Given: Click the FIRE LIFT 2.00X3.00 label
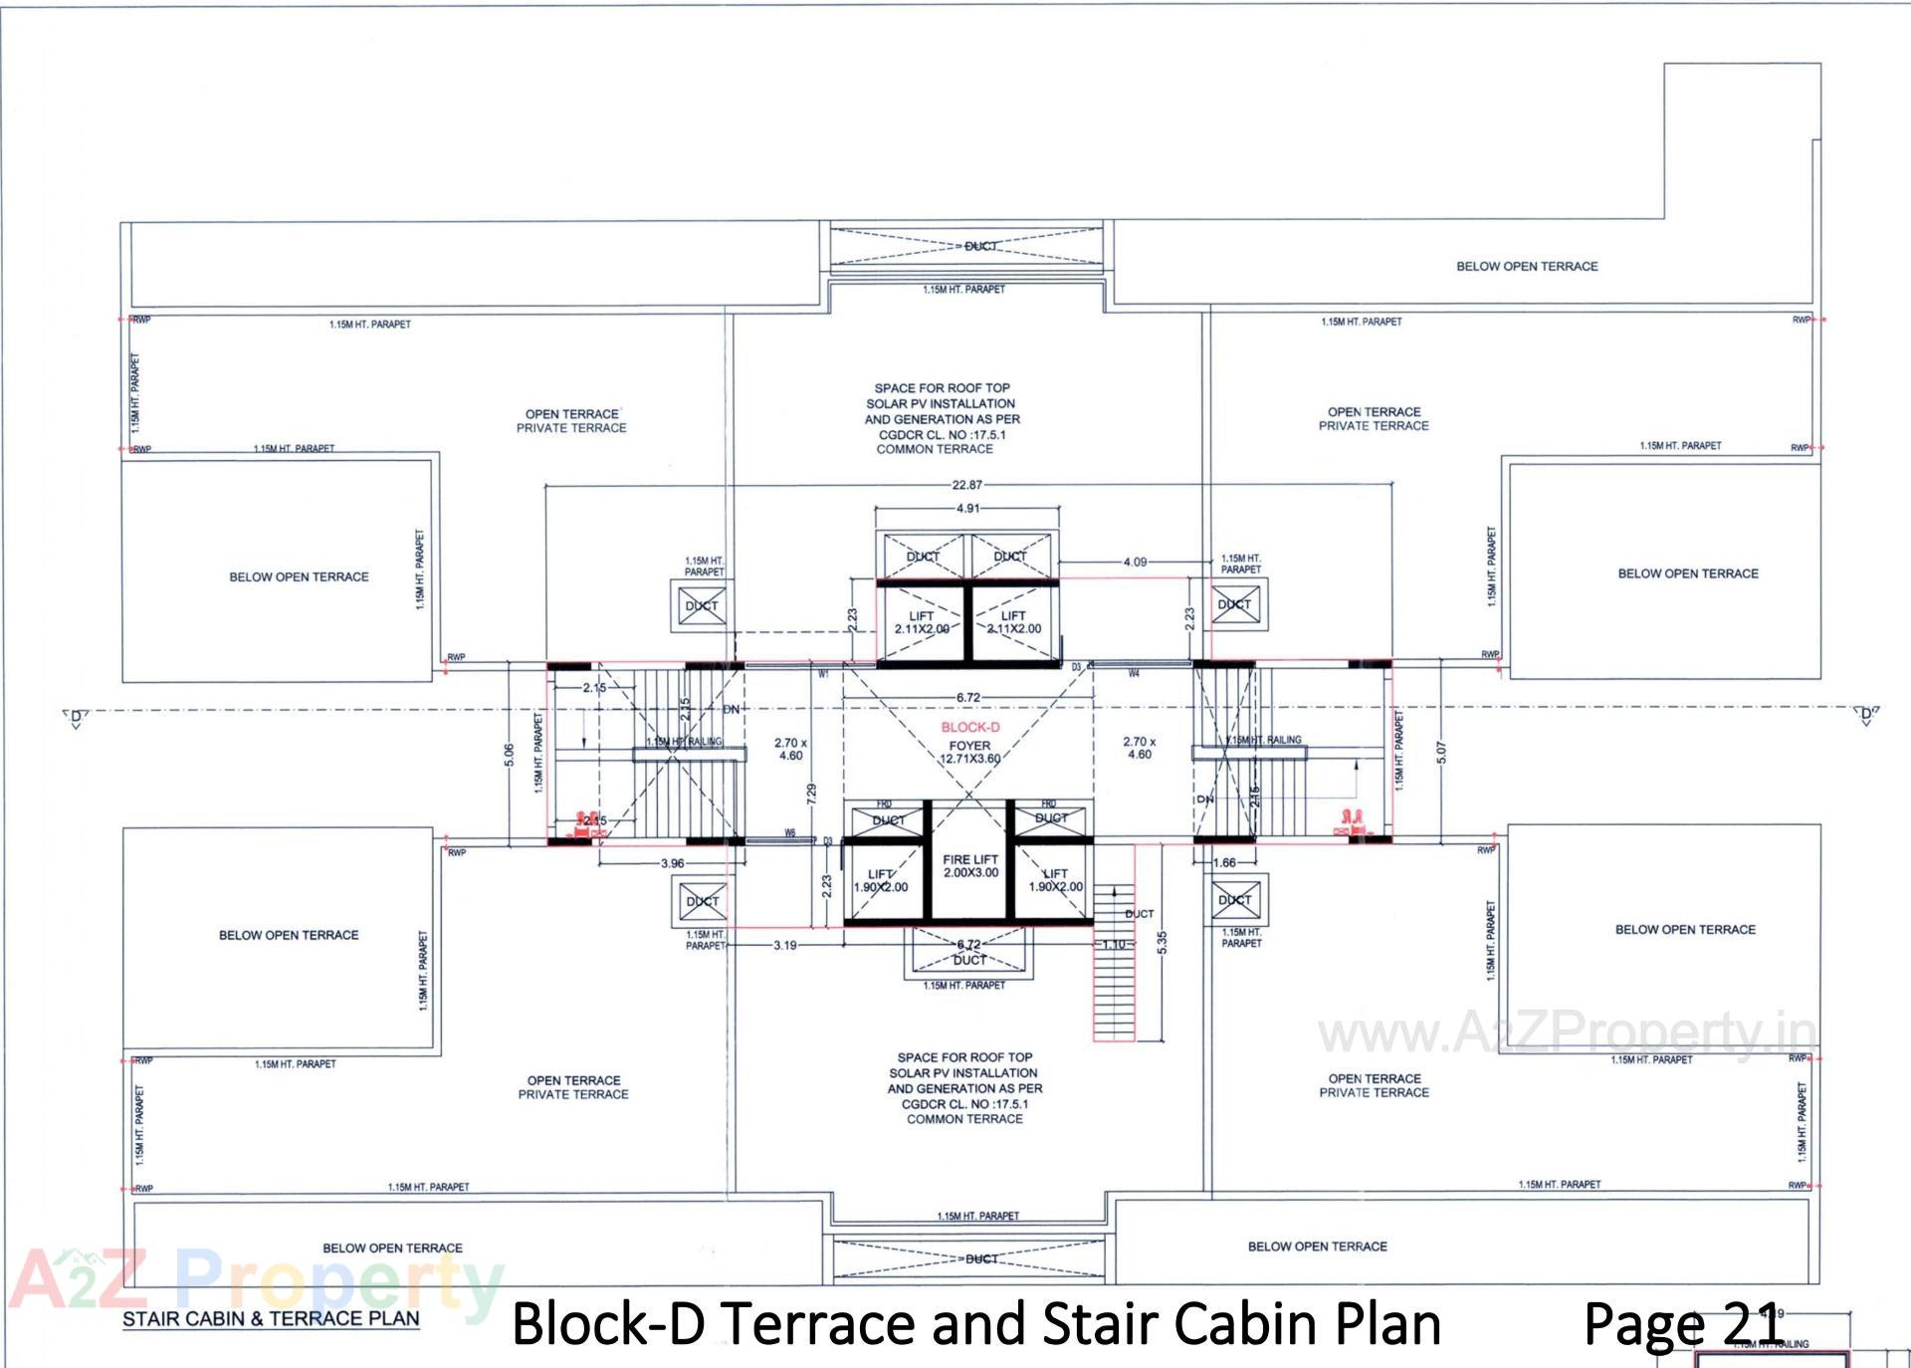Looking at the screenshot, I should click(970, 866).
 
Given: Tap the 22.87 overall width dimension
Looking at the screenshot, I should click(966, 486).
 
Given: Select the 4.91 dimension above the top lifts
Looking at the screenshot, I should click(967, 509).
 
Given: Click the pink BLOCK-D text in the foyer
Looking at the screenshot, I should click(970, 728).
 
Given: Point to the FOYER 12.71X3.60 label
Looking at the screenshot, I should click(969, 753).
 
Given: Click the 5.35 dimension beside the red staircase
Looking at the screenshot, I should click(1163, 943).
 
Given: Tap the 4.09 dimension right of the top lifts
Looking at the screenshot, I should click(1135, 563).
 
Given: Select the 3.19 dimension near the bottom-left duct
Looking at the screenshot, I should click(785, 946).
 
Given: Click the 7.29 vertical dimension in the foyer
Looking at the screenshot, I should click(812, 795).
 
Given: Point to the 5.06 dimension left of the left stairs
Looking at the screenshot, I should click(510, 756).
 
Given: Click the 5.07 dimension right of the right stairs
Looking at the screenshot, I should click(1441, 754).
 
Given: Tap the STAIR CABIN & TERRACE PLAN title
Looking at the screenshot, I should click(271, 1319).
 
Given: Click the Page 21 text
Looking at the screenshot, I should click(1681, 1324).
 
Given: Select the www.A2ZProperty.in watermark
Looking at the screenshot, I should click(1567, 1034).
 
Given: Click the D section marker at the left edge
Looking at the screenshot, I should click(76, 717).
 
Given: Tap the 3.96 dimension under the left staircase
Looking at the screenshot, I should click(673, 864).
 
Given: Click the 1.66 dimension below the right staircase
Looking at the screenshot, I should click(1224, 863).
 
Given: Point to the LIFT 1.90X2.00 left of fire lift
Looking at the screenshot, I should click(881, 881).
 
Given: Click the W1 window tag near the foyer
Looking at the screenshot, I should click(823, 675).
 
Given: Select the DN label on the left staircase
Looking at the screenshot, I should click(732, 710).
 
